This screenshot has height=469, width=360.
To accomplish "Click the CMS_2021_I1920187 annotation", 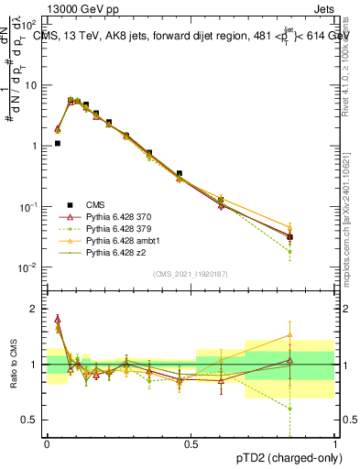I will click(x=191, y=273).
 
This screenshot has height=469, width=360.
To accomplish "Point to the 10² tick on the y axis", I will click(x=30, y=25).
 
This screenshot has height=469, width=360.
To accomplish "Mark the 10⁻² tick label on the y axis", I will click(x=30, y=267).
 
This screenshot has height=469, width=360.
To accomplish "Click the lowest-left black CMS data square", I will click(x=57, y=143).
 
